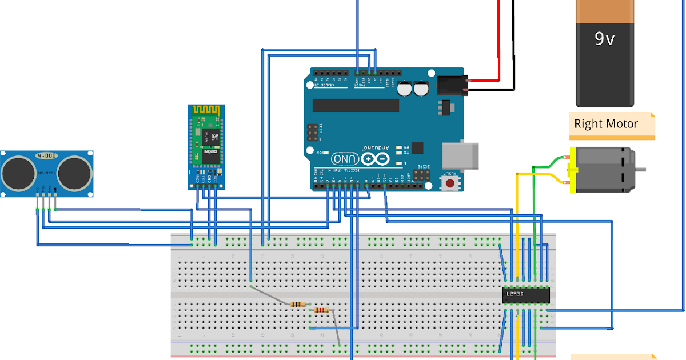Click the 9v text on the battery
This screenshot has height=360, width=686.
click(x=604, y=39)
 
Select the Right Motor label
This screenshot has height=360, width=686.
click(x=606, y=123)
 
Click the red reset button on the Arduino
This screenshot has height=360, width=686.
click(x=450, y=183)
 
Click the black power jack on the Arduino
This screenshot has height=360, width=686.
click(x=452, y=86)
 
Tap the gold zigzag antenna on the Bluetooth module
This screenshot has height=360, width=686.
click(x=206, y=109)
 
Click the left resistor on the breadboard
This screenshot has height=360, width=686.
click(x=298, y=304)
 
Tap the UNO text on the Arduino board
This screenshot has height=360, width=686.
click(x=345, y=158)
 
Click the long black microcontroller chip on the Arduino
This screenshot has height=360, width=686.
click(x=356, y=105)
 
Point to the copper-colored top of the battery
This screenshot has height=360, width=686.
click(x=604, y=10)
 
